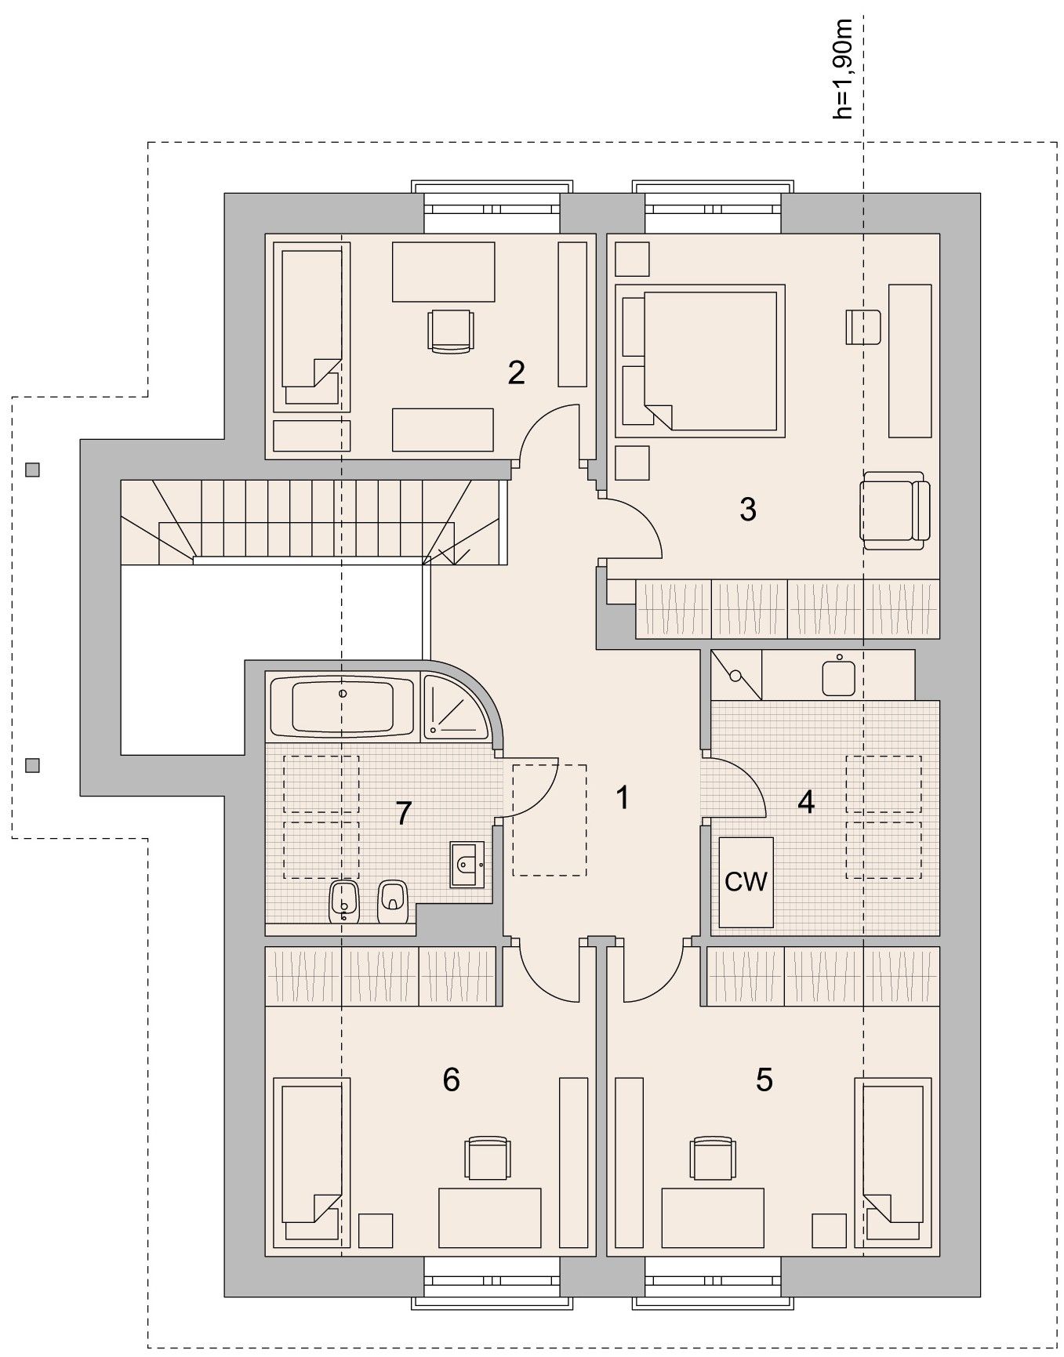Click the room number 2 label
point(515,372)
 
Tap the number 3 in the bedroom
point(747,510)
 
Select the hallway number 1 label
point(623,798)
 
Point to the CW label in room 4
point(746,882)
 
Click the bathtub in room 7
point(342,706)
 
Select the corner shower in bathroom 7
point(456,706)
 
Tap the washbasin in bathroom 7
point(467,865)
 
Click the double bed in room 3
point(700,360)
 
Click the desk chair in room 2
point(452,331)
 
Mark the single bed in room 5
point(894,1163)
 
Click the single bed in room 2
point(311,326)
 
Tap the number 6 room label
point(451,1079)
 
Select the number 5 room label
point(764,1079)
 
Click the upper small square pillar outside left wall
point(32,470)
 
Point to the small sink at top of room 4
point(839,676)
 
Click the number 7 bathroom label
point(404,814)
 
